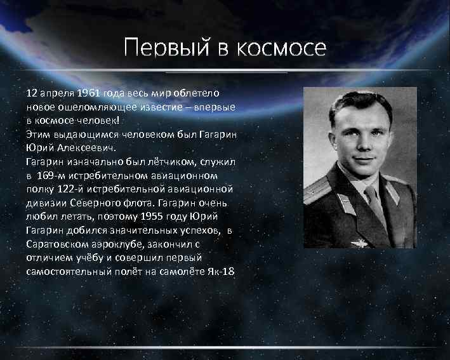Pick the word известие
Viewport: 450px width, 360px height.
point(157,107)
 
